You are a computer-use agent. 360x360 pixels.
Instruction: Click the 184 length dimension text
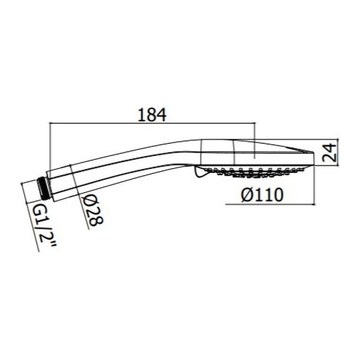click(x=152, y=115)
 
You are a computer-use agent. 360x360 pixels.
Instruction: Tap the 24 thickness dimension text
click(x=329, y=152)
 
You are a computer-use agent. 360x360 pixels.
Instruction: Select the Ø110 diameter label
click(x=262, y=194)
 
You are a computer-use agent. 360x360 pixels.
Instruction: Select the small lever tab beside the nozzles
click(x=200, y=172)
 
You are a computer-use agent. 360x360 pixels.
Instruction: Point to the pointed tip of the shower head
click(x=313, y=152)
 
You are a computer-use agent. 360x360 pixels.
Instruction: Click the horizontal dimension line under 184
click(x=152, y=123)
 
